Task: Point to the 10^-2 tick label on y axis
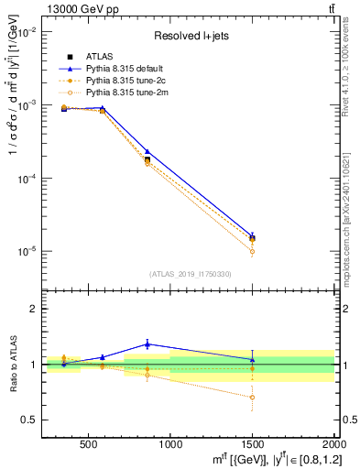click(27, 32)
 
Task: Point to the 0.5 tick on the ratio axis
click(32, 420)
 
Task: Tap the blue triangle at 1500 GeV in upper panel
click(253, 235)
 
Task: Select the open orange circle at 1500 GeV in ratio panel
click(253, 398)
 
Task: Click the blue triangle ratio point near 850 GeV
click(147, 344)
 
